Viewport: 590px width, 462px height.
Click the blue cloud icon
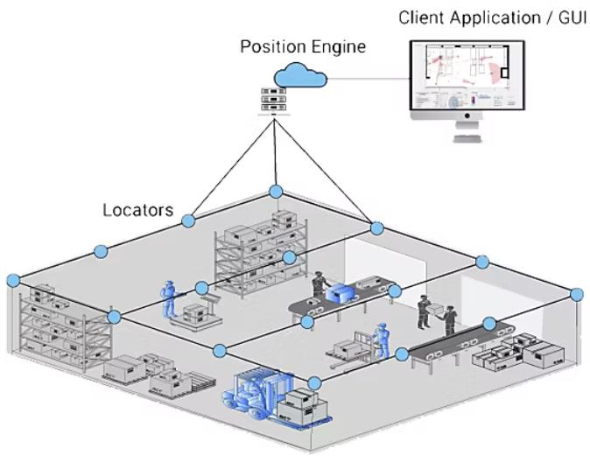299,76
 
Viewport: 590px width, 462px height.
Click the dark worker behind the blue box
319,285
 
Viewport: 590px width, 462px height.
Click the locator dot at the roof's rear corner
276,192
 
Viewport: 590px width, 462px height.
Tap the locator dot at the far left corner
12,280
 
